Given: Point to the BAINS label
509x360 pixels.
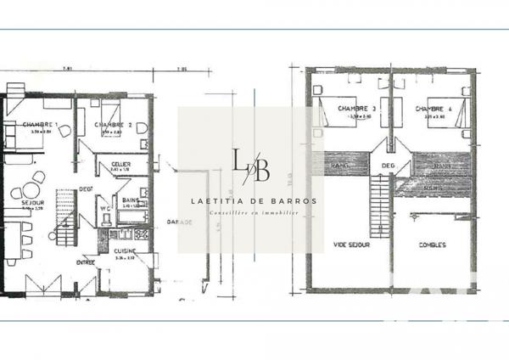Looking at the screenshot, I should (x=130, y=198).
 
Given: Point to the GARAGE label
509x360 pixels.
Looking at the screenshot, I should (x=179, y=222).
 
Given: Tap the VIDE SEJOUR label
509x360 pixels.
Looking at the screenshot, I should (x=351, y=245).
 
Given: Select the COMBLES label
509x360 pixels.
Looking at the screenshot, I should (x=433, y=245).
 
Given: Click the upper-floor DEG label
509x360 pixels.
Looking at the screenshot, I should (x=389, y=166).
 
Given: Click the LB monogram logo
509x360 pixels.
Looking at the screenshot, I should (x=250, y=165).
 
